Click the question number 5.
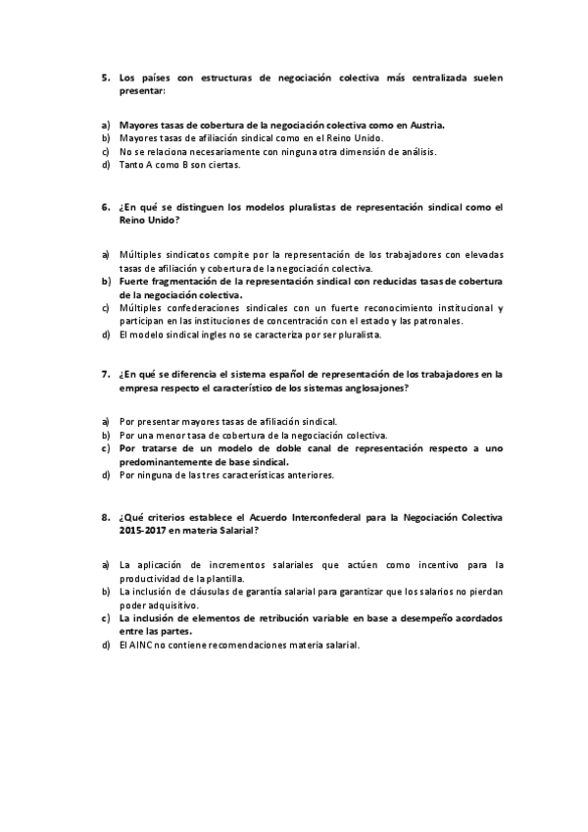pos(104,78)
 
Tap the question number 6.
pos(104,208)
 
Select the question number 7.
pos(104,374)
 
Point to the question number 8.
pos(104,516)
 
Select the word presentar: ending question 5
pos(142,91)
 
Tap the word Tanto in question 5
pos(132,165)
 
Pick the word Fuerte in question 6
pos(136,281)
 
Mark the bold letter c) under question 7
pos(105,447)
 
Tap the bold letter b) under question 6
pos(105,281)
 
